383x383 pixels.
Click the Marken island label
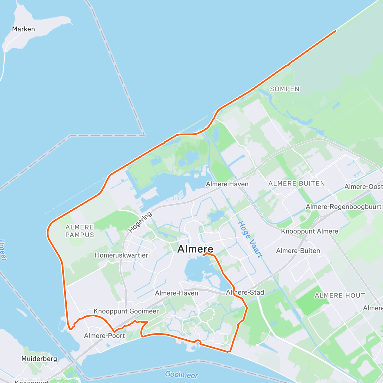pos(23,29)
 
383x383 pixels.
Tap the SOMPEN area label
pos(285,89)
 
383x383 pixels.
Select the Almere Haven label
pos(227,184)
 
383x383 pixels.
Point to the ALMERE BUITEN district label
pos(297,184)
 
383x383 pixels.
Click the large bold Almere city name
pos(195,249)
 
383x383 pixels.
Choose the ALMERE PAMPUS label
pos(80,231)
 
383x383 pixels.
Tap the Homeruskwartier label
pos(121,255)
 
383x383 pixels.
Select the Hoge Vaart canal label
pos(251,239)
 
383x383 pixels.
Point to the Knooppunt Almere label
pos(309,231)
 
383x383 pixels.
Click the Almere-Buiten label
pos(298,251)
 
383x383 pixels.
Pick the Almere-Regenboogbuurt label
pos(343,207)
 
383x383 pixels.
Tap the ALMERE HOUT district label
pos(340,296)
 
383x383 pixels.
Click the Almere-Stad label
pos(245,292)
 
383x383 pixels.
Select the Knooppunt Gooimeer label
pos(126,311)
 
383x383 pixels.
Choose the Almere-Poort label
pos(104,336)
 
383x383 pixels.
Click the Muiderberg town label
pos(39,359)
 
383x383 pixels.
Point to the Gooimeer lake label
pos(181,374)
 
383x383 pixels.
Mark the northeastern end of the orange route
pos(335,31)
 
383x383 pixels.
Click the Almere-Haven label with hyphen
pos(176,293)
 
